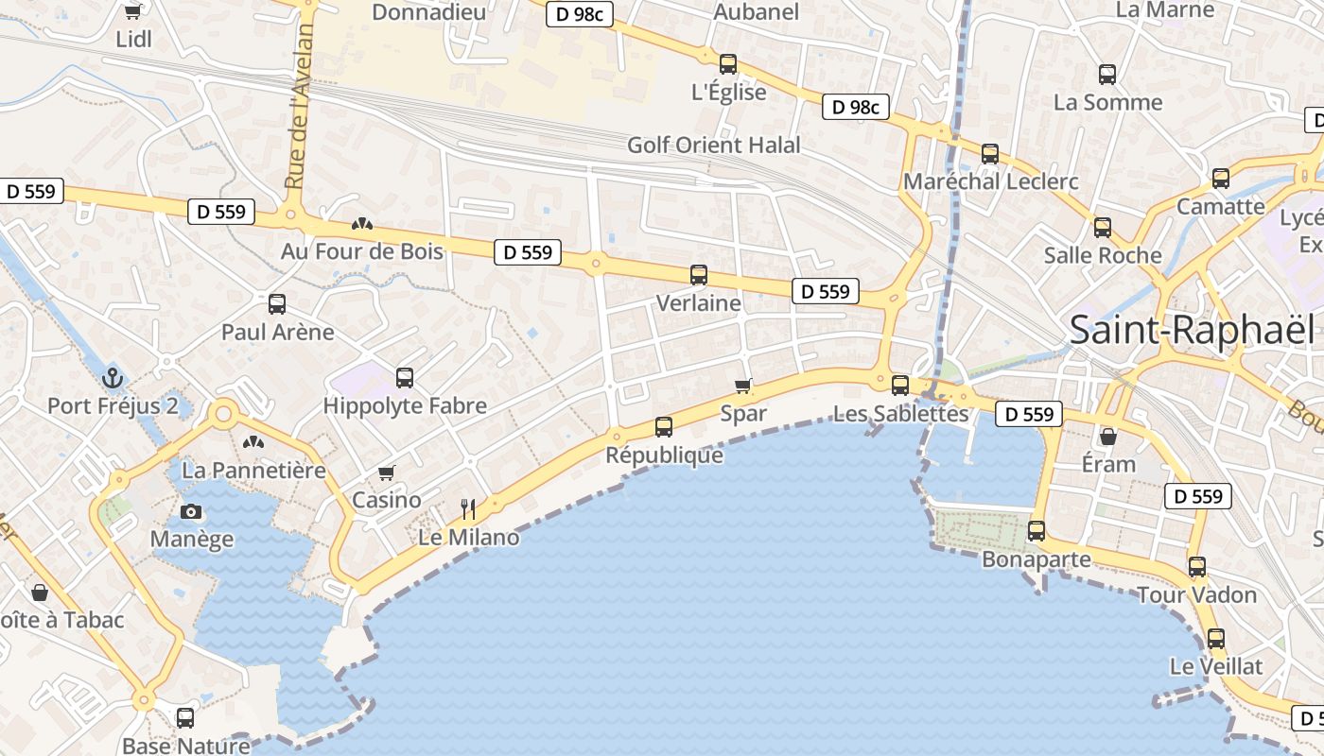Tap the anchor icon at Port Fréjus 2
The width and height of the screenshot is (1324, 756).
point(113,378)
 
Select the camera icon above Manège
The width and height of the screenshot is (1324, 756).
point(191,511)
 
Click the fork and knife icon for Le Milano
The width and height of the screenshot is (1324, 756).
point(468,509)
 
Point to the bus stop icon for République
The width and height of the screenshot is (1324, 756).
point(664,427)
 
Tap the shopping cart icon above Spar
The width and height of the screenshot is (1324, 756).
point(743,386)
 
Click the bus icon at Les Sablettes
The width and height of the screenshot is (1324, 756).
point(900,386)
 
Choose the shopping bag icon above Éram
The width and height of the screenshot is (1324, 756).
point(1108,437)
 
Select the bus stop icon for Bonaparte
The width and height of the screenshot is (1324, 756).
point(1037,531)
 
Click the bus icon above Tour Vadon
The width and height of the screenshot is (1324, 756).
point(1197,567)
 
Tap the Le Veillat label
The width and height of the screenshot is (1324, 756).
point(1216,666)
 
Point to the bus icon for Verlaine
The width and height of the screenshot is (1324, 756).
point(699,275)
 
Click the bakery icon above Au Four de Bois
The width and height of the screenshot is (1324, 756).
point(361,224)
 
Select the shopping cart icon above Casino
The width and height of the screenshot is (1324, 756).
point(386,472)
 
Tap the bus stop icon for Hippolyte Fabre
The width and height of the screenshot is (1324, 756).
point(405,378)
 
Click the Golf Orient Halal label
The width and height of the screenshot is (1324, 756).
point(714,146)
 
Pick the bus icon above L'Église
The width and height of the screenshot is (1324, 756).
point(728,64)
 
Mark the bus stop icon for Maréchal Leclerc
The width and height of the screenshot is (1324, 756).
point(990,153)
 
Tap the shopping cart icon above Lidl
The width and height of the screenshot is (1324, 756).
point(133,11)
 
